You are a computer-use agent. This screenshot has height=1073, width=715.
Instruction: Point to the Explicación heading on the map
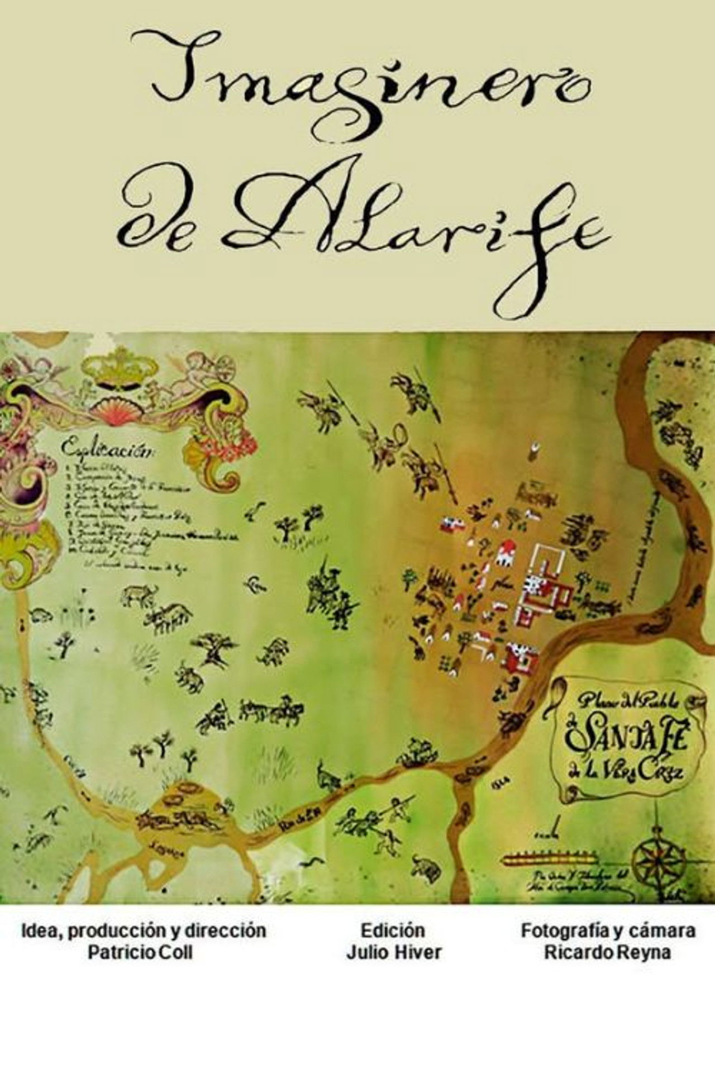coord(106,448)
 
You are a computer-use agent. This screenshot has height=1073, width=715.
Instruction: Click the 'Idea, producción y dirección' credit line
coord(143,930)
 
